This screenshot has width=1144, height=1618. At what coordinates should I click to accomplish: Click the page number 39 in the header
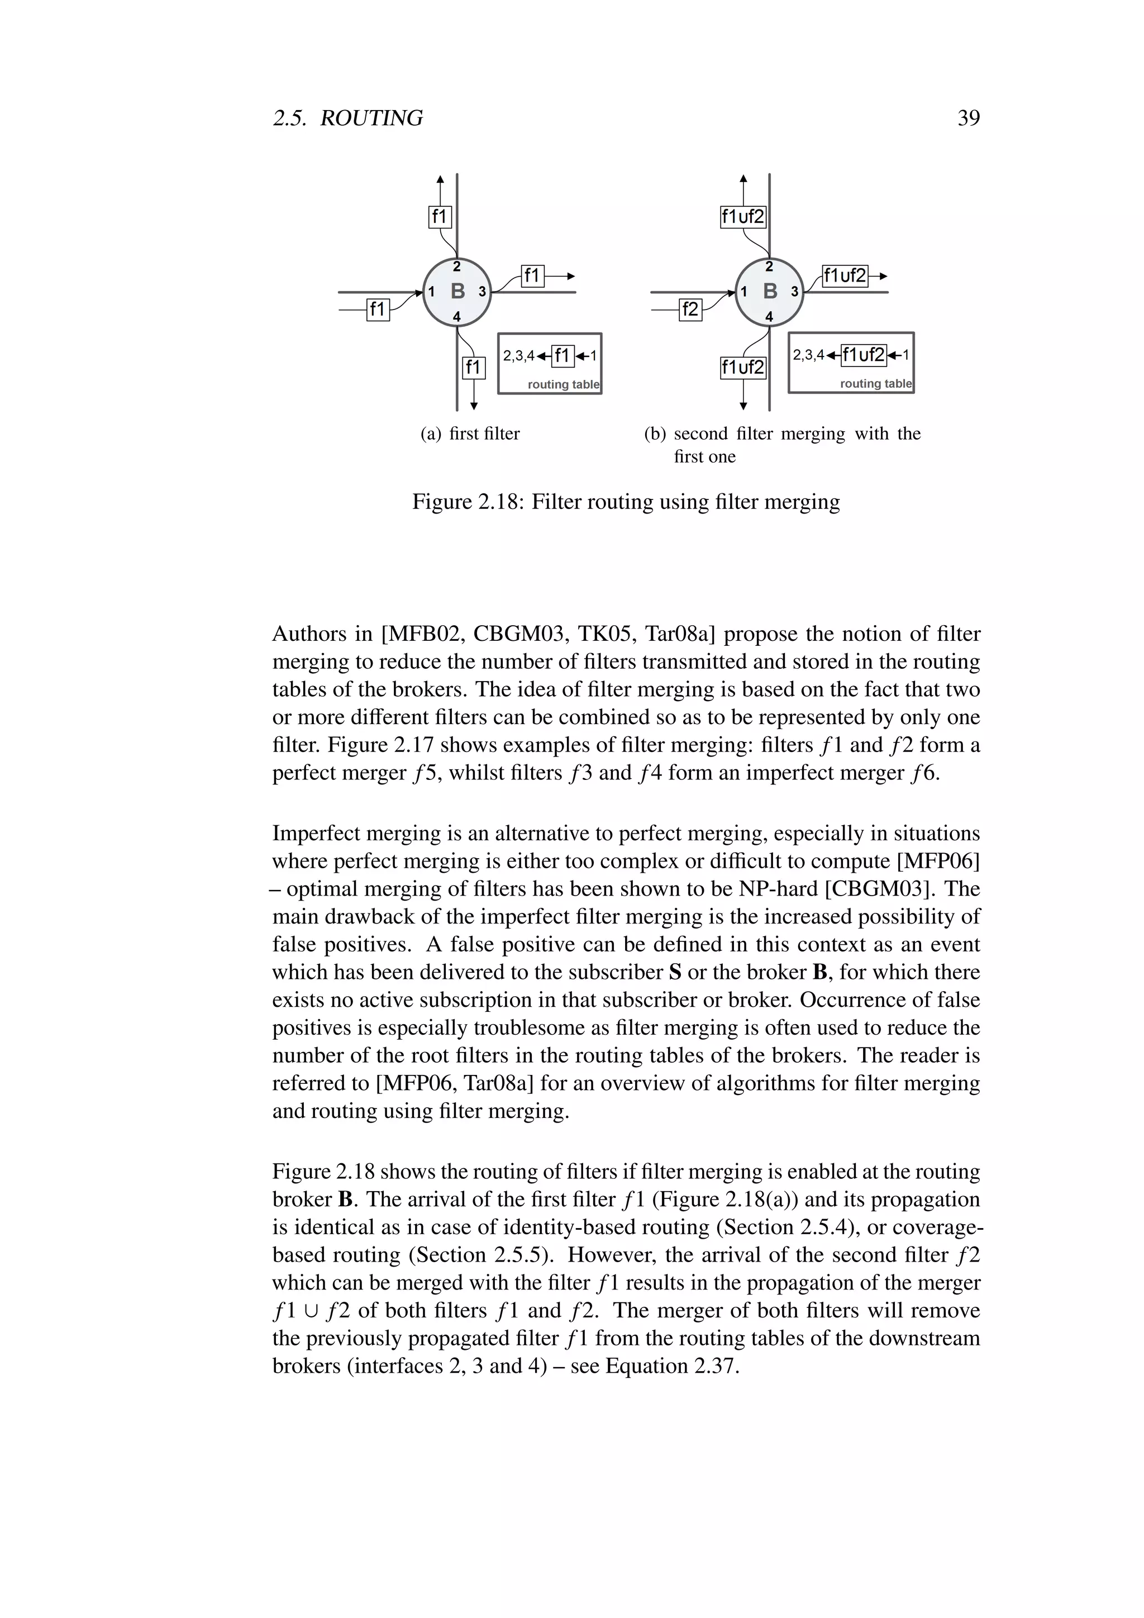[969, 118]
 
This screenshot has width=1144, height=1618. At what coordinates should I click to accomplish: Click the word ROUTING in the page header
[371, 118]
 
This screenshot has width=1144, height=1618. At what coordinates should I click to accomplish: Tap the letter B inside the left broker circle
[457, 291]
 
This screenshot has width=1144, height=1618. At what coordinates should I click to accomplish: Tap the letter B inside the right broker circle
[770, 291]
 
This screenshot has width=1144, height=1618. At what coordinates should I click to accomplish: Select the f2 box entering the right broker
[690, 308]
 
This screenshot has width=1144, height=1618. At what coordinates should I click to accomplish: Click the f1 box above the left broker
[440, 216]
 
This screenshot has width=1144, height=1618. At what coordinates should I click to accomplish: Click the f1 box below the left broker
[473, 367]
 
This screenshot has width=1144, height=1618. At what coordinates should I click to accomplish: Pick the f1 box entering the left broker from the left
[378, 308]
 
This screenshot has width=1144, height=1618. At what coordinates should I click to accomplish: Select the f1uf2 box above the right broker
[742, 216]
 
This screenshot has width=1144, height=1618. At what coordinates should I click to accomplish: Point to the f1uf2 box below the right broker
[742, 367]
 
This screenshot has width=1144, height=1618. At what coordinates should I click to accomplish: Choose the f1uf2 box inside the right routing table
[864, 355]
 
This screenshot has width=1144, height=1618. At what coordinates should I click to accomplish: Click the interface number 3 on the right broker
[794, 291]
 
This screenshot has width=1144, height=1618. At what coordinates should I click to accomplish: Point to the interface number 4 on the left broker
[456, 317]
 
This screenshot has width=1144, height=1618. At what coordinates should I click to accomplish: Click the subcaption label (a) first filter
[470, 434]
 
